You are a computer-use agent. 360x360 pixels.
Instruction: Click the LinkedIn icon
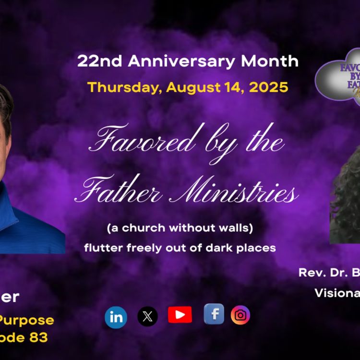(116, 318)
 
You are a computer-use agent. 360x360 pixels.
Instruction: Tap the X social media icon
(147, 317)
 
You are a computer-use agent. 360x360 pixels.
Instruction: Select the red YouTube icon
(180, 315)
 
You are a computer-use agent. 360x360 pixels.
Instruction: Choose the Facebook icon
(214, 314)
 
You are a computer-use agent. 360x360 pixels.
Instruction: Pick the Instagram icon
(240, 315)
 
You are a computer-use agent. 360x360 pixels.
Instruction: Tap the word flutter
(99, 248)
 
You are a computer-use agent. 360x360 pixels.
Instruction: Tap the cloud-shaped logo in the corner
(338, 77)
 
